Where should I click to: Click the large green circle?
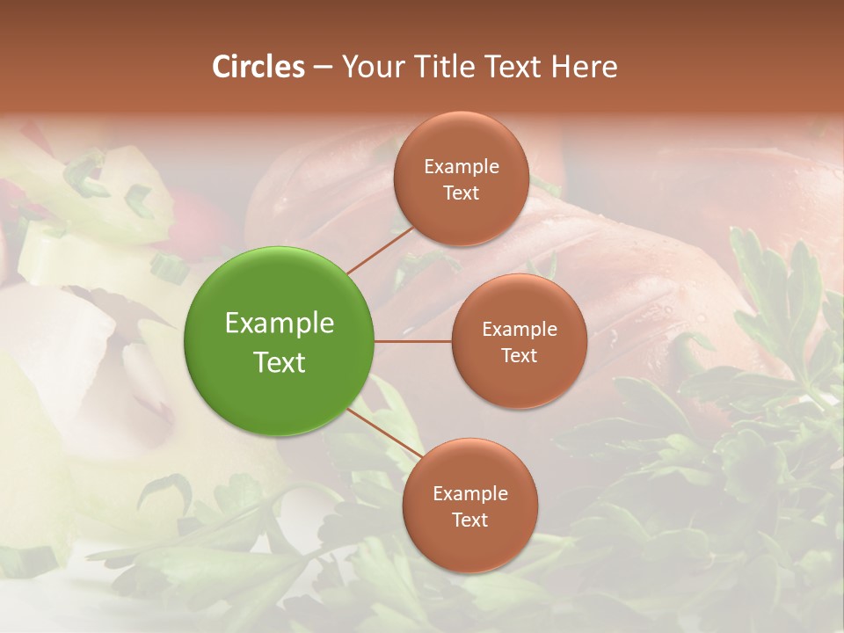[x=280, y=341]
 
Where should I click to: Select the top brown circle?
[x=461, y=178]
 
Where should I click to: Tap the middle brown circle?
[x=519, y=341]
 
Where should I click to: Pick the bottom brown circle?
[x=469, y=506]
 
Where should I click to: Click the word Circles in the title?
[x=258, y=67]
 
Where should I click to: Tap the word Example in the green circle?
[x=280, y=324]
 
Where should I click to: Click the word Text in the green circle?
[x=280, y=362]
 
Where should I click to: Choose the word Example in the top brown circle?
[x=462, y=167]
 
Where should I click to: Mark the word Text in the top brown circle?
[x=461, y=193]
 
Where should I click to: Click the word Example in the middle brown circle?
[x=520, y=330]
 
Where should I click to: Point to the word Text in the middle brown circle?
[x=519, y=355]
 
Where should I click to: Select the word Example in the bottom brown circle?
[x=470, y=494]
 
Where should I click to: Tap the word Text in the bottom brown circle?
[x=469, y=520]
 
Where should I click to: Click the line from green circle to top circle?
[x=380, y=250]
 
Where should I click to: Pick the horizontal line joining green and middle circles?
[x=413, y=341]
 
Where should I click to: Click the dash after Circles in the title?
[x=322, y=68]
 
